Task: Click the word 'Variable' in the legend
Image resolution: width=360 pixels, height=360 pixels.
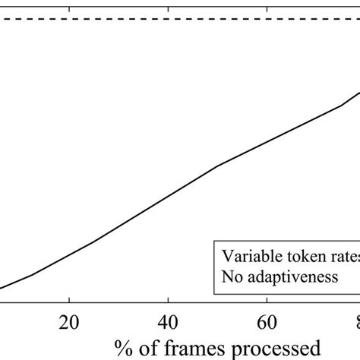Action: pos(248,256)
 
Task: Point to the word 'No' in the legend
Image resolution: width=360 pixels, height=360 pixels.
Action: pos(232,277)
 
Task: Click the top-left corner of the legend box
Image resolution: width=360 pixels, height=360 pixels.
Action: pos(213,242)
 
